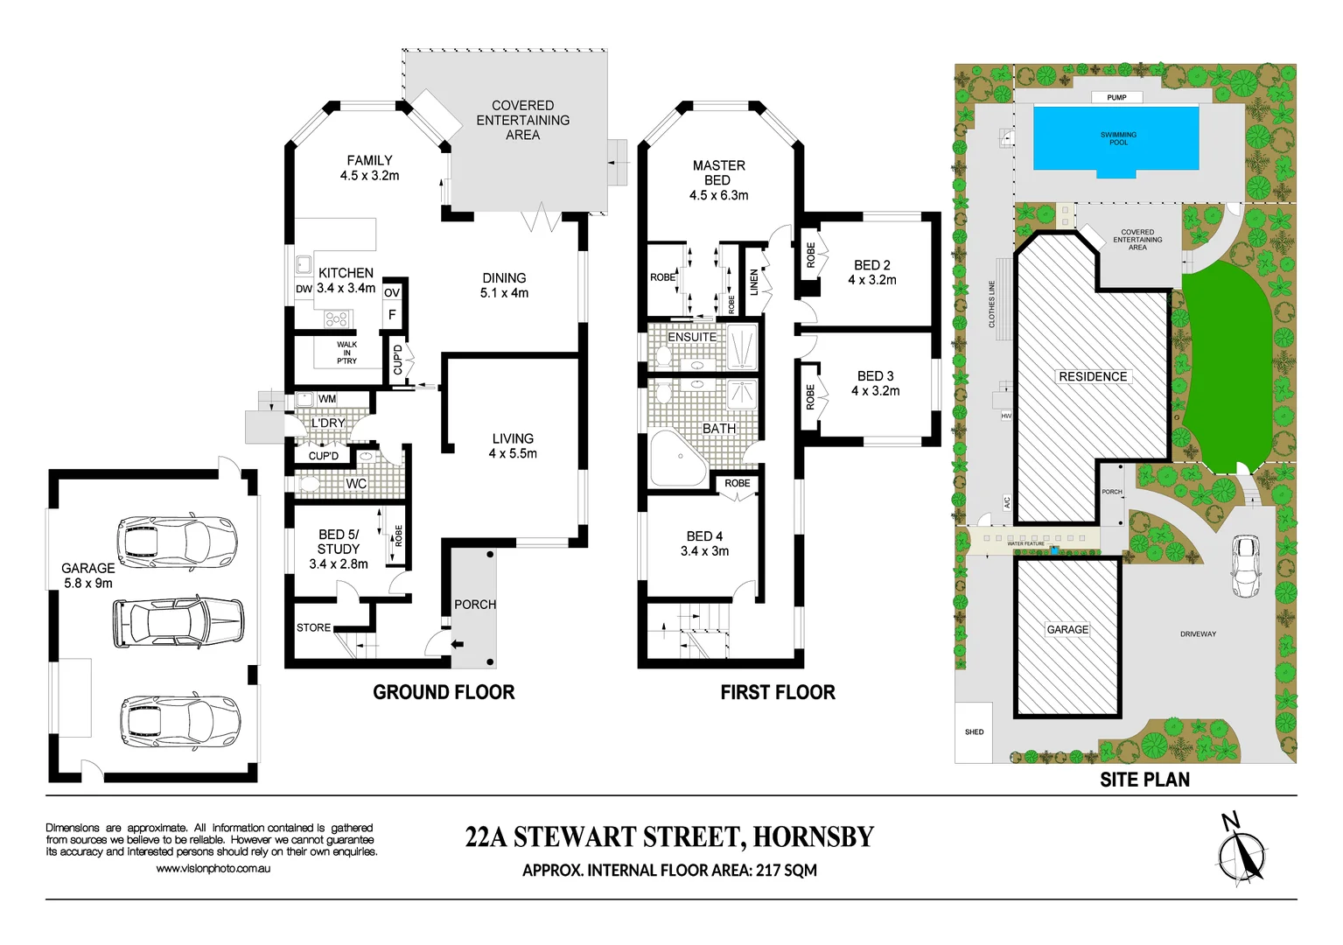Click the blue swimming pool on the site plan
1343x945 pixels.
click(1116, 138)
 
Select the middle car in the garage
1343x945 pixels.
click(178, 621)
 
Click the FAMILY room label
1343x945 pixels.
click(369, 161)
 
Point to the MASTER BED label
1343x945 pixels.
click(718, 172)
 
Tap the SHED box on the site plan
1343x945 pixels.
click(974, 732)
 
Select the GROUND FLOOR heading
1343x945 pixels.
click(444, 693)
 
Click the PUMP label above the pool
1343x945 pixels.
click(1116, 97)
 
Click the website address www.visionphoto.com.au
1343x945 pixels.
click(213, 869)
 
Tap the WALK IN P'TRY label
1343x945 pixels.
click(346, 353)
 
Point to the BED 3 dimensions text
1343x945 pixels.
click(875, 391)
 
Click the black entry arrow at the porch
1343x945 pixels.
click(457, 646)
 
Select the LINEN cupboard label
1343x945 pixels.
click(754, 282)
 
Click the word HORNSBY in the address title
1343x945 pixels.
click(813, 837)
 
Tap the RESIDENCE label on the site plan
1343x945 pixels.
click(1093, 377)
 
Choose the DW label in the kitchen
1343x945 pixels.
click(304, 289)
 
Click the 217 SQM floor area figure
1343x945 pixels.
click(787, 871)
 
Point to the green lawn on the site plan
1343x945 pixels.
click(1225, 367)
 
